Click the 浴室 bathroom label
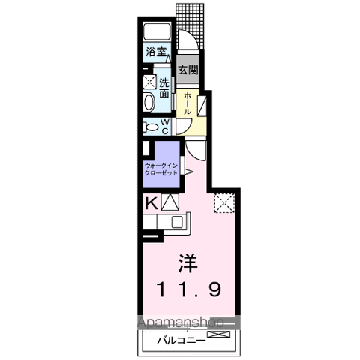156,52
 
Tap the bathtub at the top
157,31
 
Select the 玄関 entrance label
188,70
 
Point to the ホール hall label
187,103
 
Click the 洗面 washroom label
164,88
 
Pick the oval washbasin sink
148,102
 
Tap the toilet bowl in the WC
151,127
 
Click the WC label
165,127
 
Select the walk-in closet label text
161,169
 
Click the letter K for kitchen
151,203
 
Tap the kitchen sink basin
177,222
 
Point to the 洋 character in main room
188,263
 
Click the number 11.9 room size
189,289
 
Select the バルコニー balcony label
181,340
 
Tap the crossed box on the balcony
218,334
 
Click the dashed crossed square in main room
224,203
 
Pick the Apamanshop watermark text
181,322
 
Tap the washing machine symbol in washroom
149,82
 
